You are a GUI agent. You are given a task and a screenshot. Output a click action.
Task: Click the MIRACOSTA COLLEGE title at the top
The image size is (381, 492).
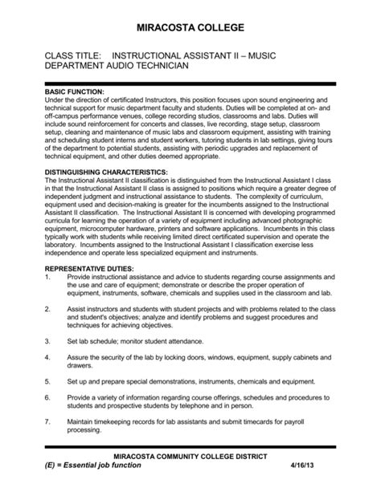coord(190,28)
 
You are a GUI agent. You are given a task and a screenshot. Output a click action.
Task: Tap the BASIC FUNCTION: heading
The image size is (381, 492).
coord(76,92)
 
